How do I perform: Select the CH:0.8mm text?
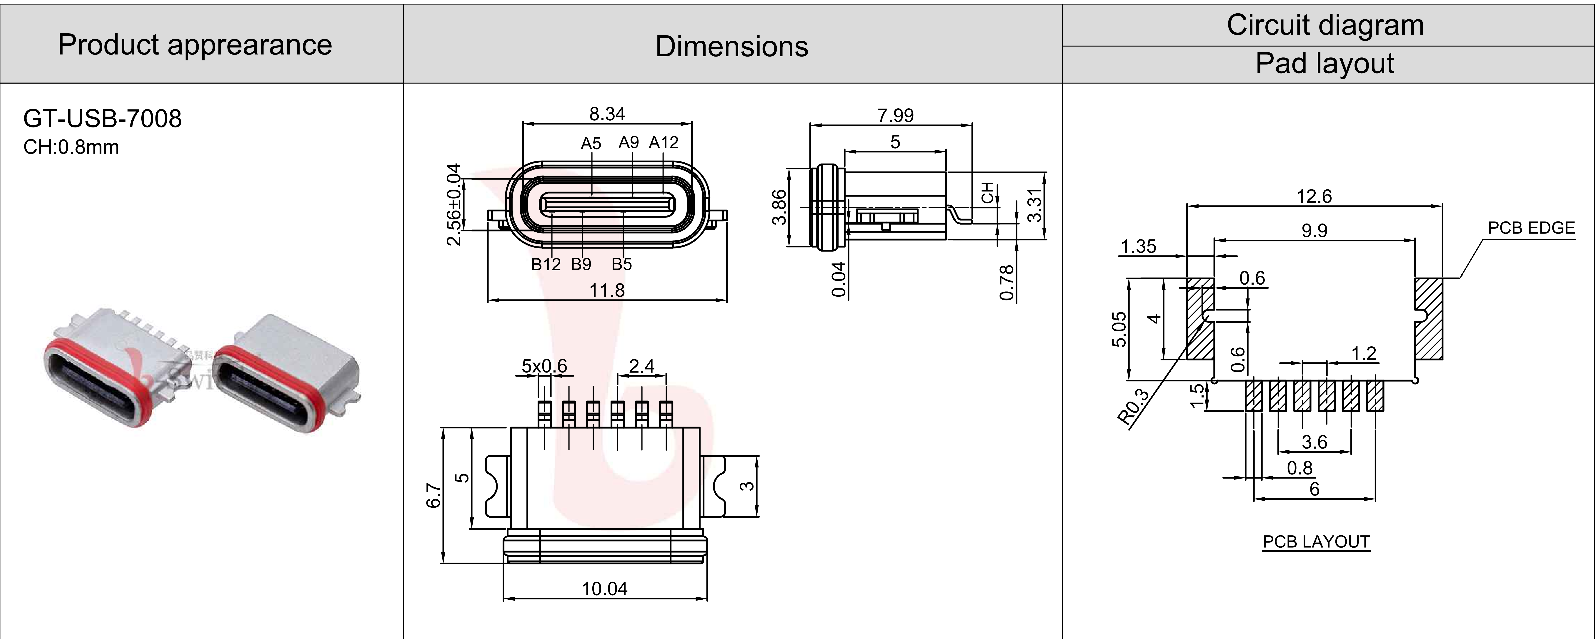pyautogui.click(x=71, y=147)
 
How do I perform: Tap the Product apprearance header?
pyautogui.click(x=195, y=45)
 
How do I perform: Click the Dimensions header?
pyautogui.click(x=732, y=46)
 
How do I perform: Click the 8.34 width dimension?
pyautogui.click(x=607, y=114)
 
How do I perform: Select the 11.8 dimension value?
pyautogui.click(x=607, y=290)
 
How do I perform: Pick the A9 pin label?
pyautogui.click(x=628, y=142)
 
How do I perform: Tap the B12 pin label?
pyautogui.click(x=546, y=264)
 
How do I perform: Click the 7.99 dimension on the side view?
pyautogui.click(x=895, y=115)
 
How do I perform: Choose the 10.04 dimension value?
pyautogui.click(x=604, y=588)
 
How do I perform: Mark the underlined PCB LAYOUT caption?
pyautogui.click(x=1316, y=542)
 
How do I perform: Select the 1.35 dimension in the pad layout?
pyautogui.click(x=1138, y=246)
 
